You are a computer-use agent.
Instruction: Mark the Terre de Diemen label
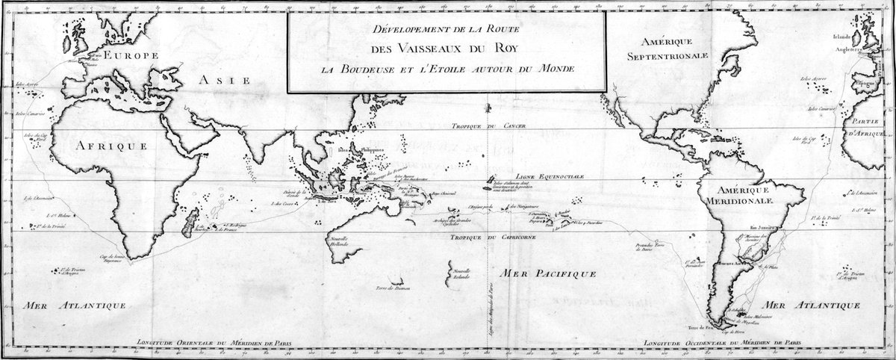393,287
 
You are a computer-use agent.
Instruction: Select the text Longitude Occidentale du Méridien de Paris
735,344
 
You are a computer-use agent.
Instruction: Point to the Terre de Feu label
697,328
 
